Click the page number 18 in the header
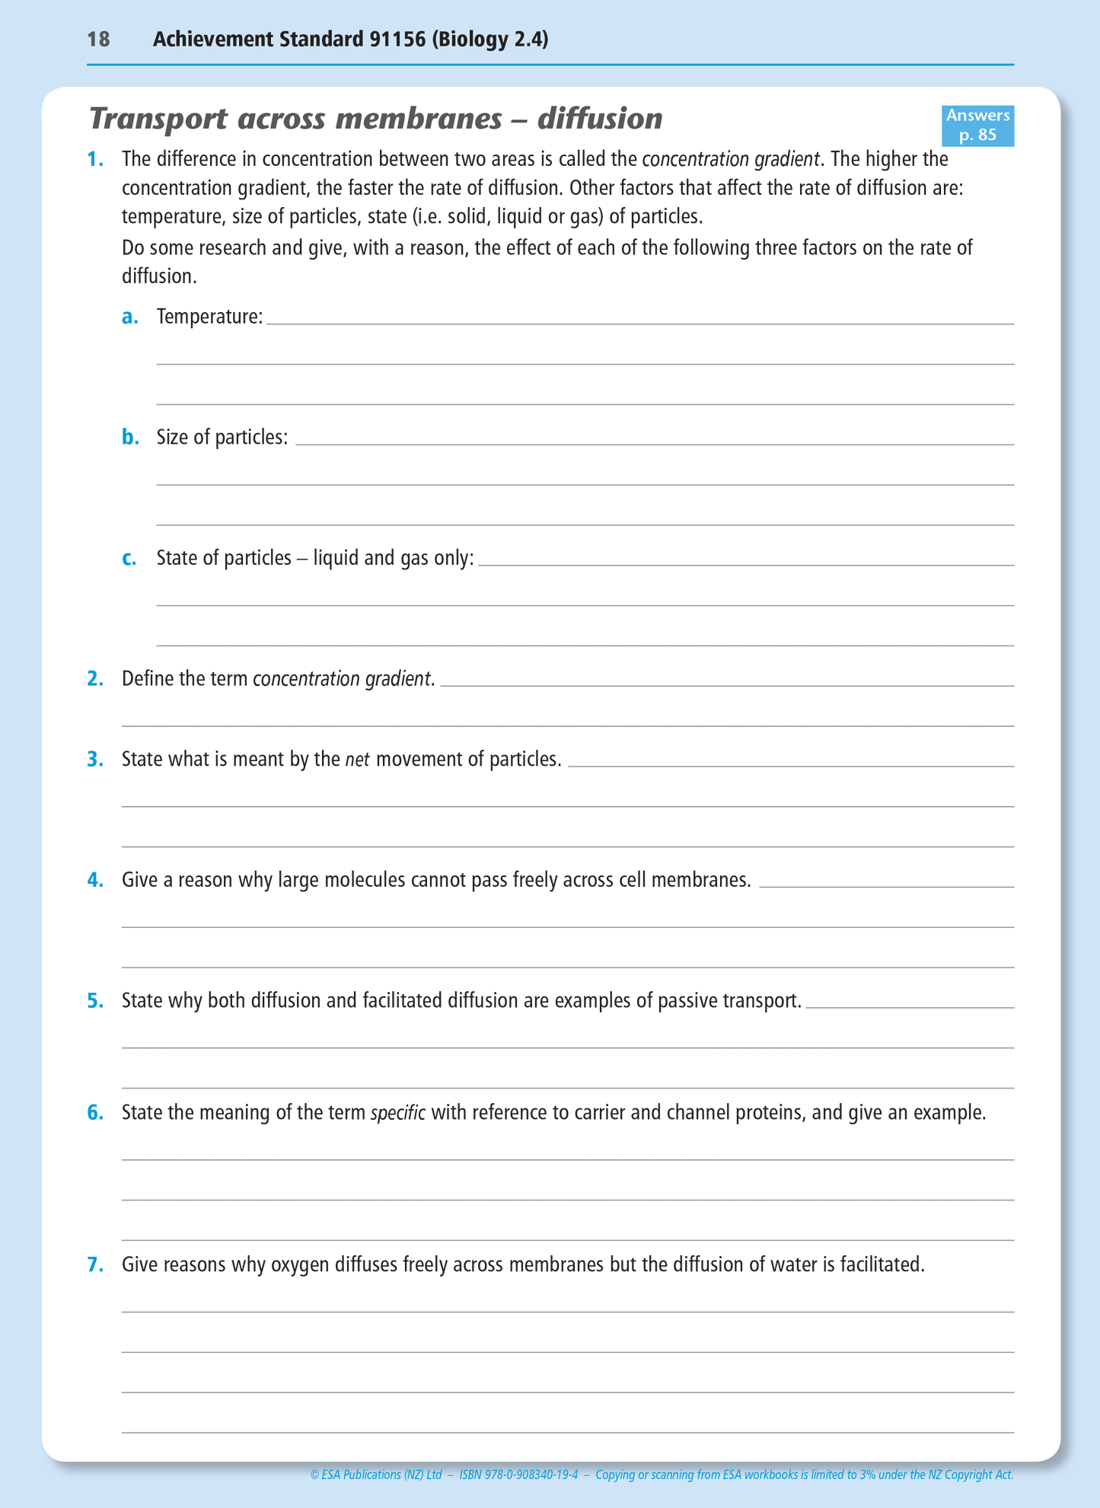pyautogui.click(x=98, y=40)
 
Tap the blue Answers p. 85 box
pyautogui.click(x=977, y=126)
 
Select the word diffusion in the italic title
pyautogui.click(x=600, y=120)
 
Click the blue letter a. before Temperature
pyautogui.click(x=130, y=317)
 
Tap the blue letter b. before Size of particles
pyautogui.click(x=130, y=437)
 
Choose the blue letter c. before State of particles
pyautogui.click(x=129, y=558)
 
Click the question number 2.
pyautogui.click(x=95, y=678)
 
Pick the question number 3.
pyautogui.click(x=95, y=759)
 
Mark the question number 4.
pyautogui.click(x=95, y=880)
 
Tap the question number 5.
pyautogui.click(x=95, y=1000)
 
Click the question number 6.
pyautogui.click(x=95, y=1113)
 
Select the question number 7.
pyautogui.click(x=95, y=1264)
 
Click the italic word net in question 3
pyautogui.click(x=357, y=760)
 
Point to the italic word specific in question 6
pyautogui.click(x=397, y=1114)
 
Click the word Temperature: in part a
pyautogui.click(x=209, y=317)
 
